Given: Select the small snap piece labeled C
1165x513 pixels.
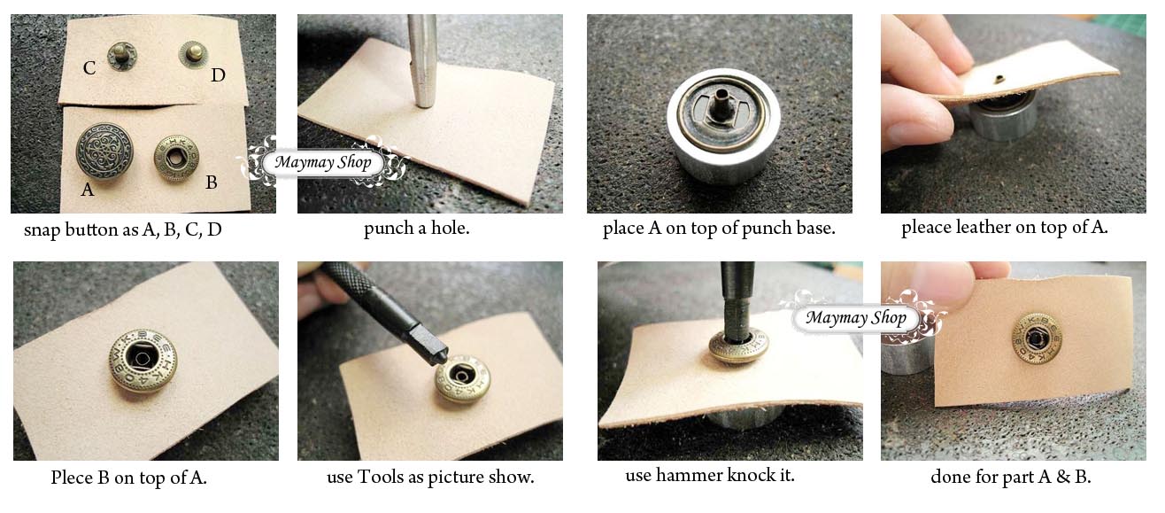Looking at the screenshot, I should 122,56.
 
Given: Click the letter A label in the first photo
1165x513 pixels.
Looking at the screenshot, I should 86,189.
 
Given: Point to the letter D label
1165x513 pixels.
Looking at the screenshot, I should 218,75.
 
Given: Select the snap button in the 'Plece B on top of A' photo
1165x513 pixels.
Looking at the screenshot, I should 143,361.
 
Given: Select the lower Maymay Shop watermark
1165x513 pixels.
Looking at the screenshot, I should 856,317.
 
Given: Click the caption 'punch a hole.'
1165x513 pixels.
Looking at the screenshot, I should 429,229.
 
